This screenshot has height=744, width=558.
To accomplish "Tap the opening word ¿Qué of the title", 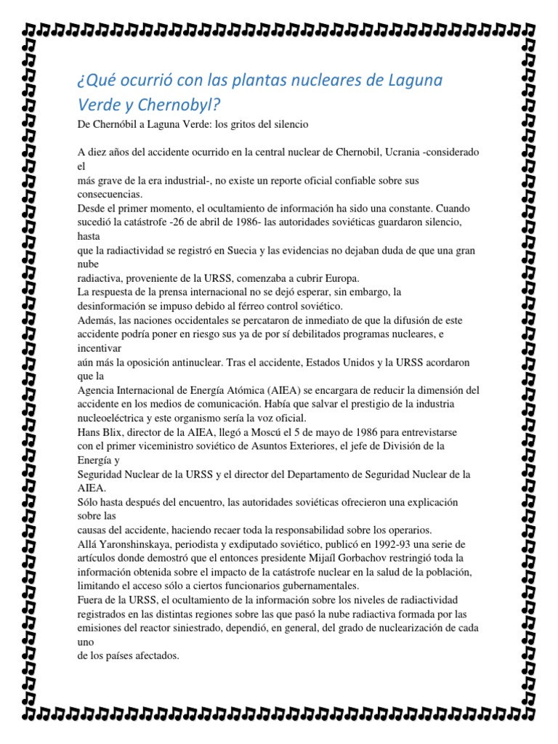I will click(x=96, y=78).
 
